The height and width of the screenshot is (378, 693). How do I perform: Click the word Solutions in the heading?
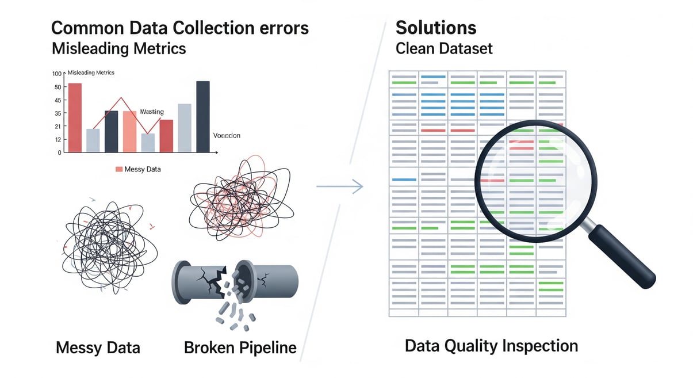coord(436,28)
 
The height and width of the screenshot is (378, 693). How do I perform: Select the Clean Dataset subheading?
coord(444,48)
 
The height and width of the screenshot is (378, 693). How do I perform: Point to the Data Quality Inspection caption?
coord(491,346)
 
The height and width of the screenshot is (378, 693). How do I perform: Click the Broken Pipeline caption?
coord(240,348)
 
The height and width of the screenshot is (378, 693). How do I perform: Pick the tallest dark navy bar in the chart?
coord(203,116)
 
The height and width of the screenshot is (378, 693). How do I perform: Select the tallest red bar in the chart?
coord(75,118)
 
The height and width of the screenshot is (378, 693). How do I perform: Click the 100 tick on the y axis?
coord(56,74)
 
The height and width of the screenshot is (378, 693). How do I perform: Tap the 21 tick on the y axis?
coord(58,127)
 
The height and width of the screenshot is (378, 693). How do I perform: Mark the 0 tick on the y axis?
coord(59,153)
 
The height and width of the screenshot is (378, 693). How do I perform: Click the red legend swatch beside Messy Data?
coord(119,169)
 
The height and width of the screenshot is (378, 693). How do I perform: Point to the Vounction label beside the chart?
coord(227,136)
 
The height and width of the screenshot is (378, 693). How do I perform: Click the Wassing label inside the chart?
coord(152,112)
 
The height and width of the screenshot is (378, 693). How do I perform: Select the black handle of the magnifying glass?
coord(624,255)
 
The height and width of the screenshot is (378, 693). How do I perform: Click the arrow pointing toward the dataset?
coord(340,186)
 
